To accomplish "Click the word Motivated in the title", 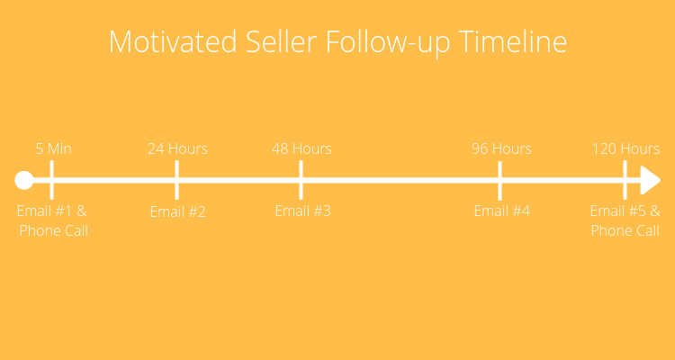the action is coord(173,41).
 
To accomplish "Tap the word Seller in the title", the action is coord(281,41).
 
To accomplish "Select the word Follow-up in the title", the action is coord(388,43).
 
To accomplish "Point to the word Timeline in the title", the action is coord(512,41).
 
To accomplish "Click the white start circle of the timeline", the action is coord(24,180).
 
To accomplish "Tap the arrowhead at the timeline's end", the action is coord(650,180).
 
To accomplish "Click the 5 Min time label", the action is coord(53,148).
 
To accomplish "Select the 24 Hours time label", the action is coord(178,148).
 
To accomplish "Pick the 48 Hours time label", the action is coord(301,148).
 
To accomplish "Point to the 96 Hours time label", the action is coord(501,148).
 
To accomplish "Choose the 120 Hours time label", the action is coord(625,148).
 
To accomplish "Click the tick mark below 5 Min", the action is coord(51,180).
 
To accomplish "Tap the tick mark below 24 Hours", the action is coord(176,180).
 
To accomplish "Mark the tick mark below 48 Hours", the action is coord(301,180).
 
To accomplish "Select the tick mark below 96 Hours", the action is coord(499,181).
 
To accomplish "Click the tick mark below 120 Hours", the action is coord(625,180).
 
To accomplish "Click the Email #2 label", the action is coord(178,211).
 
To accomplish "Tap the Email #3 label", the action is coord(303,211).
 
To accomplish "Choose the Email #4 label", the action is coord(502,211).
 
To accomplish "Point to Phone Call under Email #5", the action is coord(625,230).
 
